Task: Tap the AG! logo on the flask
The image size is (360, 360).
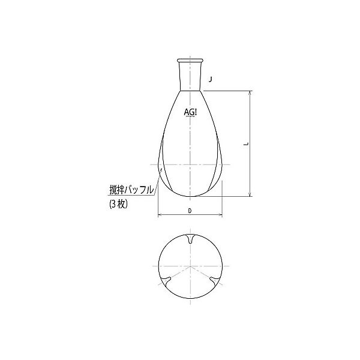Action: point(190,112)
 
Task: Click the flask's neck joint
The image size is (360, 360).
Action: point(190,74)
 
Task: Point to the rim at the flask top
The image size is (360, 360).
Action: point(190,60)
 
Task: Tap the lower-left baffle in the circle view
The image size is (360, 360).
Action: point(166,281)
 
